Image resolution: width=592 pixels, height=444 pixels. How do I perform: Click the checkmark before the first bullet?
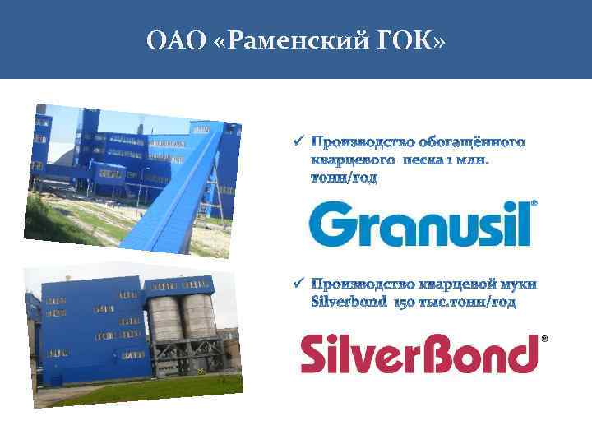tap(298, 141)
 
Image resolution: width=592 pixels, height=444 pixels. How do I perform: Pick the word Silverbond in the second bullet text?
tap(350, 303)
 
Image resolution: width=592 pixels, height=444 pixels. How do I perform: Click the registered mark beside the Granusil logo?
tap(534, 202)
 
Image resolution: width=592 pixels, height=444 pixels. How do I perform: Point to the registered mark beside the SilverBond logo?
tap(544, 338)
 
